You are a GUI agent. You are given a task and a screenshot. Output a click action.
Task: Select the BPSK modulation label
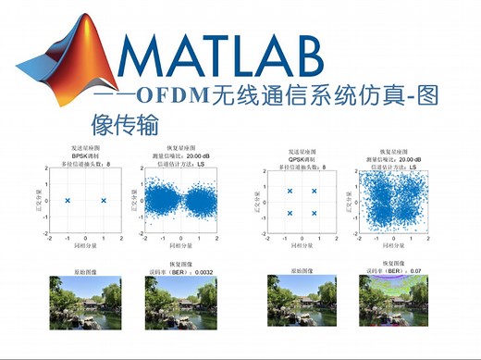tap(85, 156)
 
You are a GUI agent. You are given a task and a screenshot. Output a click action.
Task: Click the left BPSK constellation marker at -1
tap(68, 200)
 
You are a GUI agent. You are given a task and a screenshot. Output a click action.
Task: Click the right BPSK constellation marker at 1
tap(104, 200)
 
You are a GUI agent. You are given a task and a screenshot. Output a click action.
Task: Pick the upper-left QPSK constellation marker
tap(290, 191)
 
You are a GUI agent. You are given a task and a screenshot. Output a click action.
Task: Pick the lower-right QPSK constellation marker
tap(314, 213)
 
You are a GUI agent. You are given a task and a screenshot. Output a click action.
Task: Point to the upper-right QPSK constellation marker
tap(314, 191)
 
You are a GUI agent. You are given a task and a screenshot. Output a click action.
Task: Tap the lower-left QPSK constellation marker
tap(290, 213)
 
